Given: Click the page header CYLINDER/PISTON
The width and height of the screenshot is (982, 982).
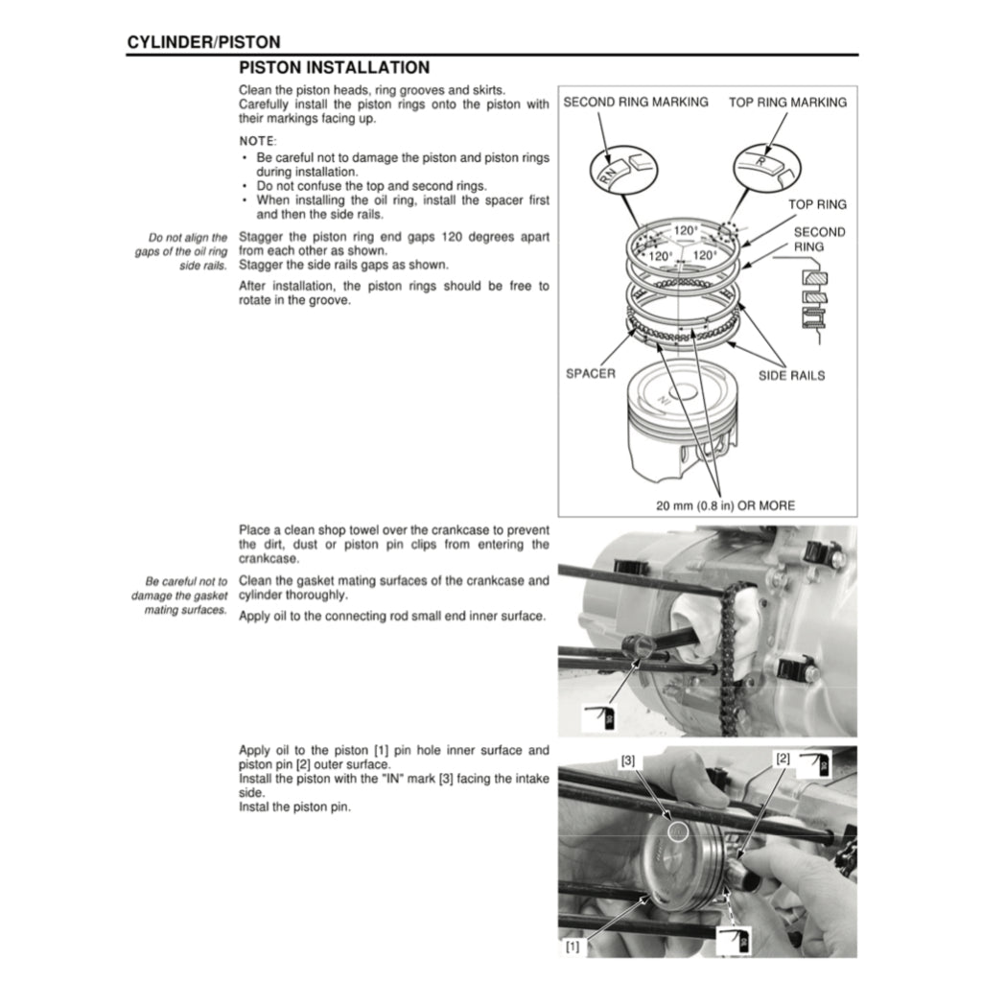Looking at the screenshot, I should [203, 42].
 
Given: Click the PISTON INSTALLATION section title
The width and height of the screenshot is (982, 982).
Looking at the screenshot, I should [334, 68].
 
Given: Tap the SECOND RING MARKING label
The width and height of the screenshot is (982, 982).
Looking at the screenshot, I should [635, 102].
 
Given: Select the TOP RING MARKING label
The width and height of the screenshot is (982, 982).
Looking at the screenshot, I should [787, 103].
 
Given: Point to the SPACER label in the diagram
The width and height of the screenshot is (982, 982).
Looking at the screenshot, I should [591, 374].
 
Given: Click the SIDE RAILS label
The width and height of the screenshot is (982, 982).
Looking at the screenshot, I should [791, 375].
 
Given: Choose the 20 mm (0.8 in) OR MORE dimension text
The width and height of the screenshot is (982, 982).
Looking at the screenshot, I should [725, 505].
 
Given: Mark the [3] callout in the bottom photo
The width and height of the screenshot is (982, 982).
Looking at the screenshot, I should [627, 760].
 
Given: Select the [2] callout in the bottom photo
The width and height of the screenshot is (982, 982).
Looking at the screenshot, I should [783, 759].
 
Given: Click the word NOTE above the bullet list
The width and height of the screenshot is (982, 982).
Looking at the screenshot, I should [257, 141].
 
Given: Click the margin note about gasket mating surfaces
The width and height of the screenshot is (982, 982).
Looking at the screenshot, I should [186, 596].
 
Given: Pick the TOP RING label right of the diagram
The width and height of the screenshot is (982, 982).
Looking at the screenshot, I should [817, 204].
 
